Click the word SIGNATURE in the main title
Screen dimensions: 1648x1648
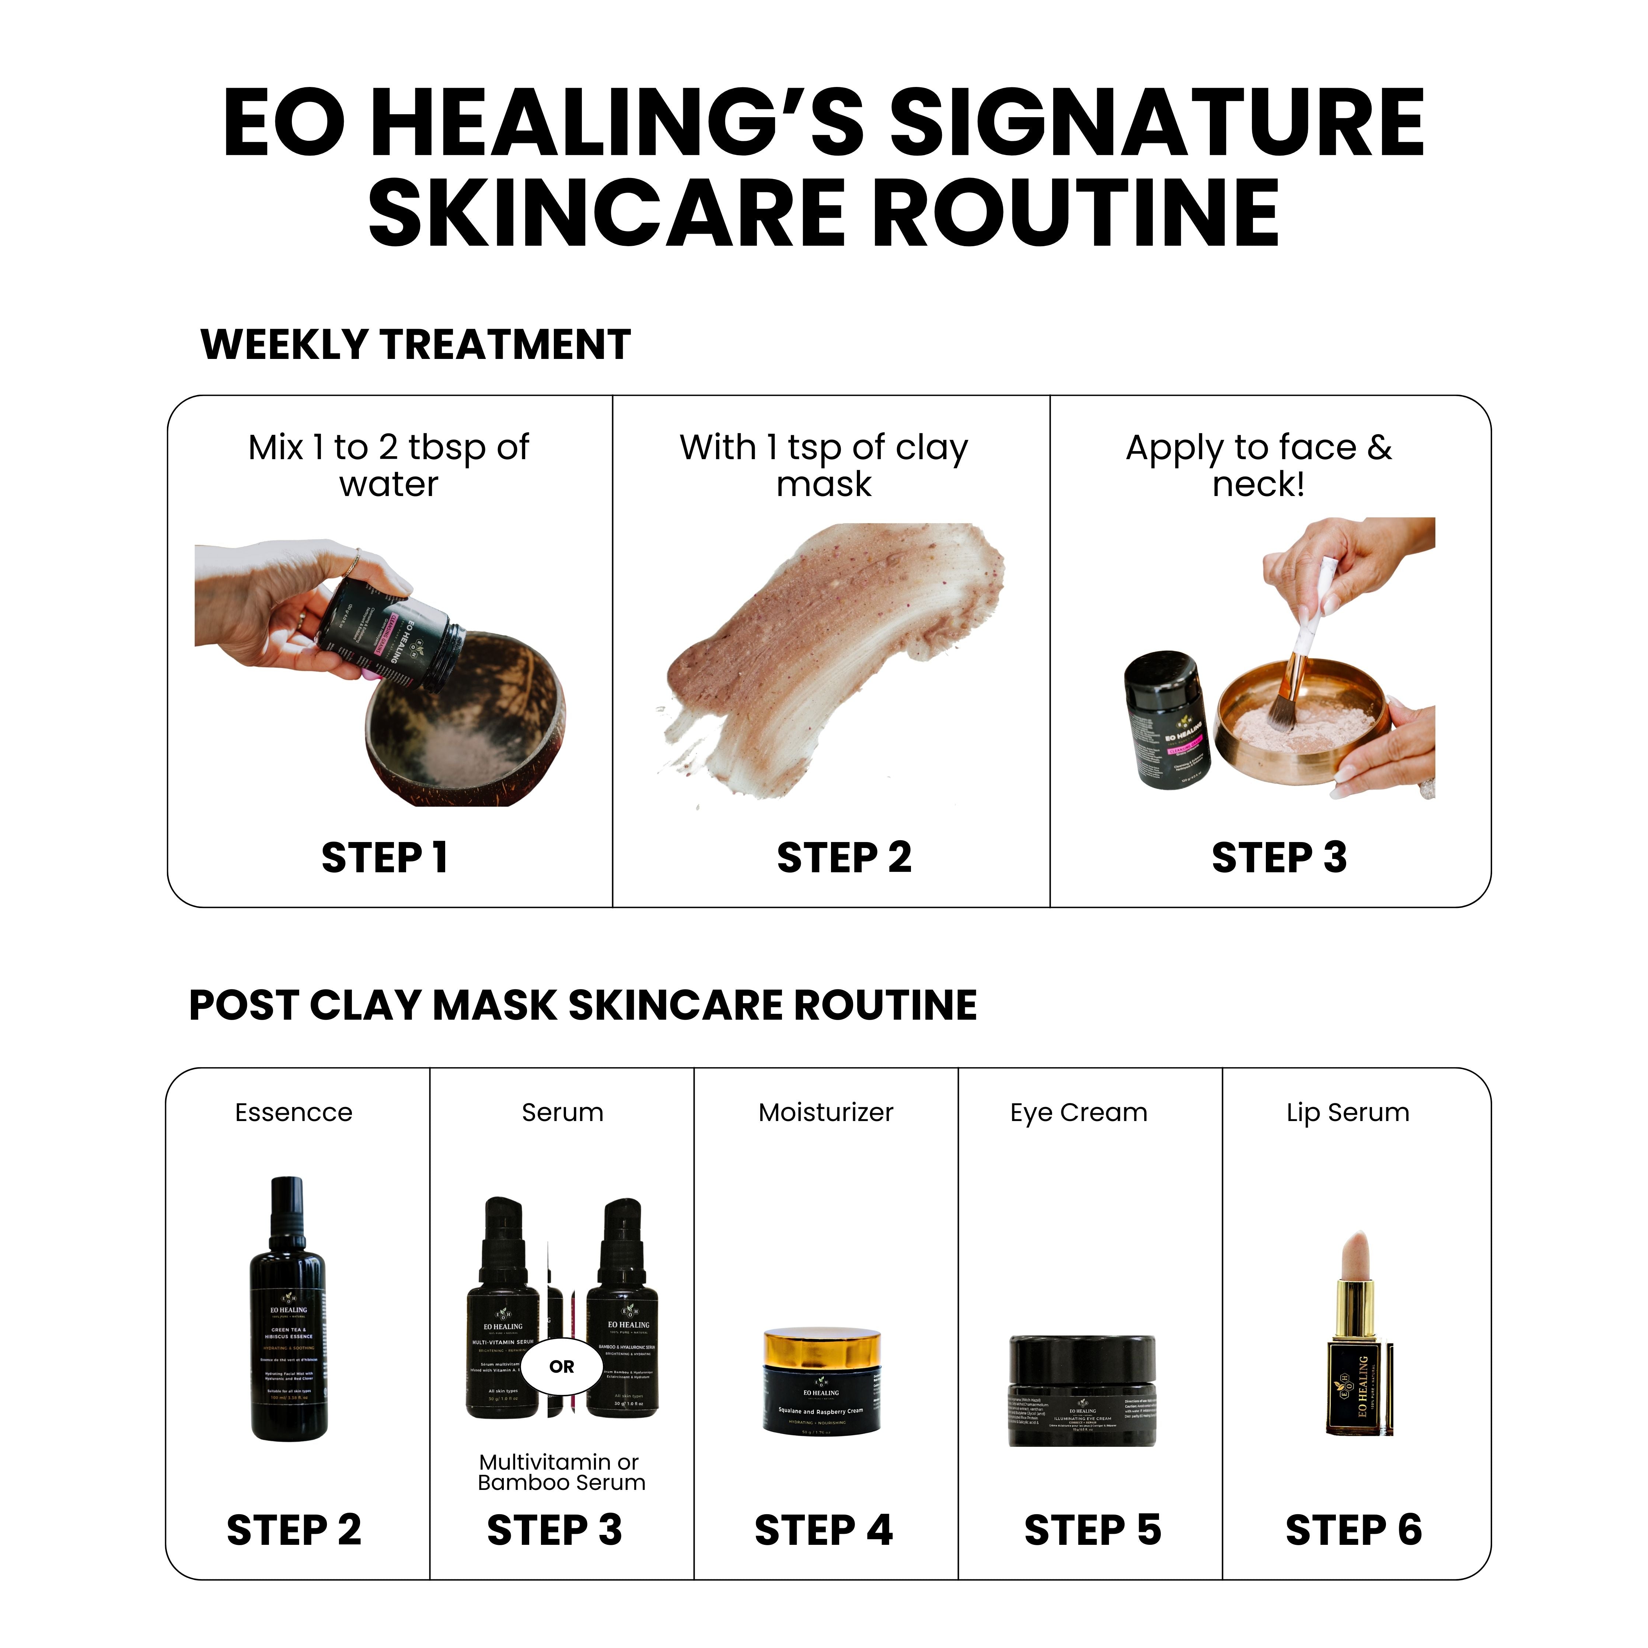[1156, 124]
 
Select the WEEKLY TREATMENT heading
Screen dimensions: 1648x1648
[415, 345]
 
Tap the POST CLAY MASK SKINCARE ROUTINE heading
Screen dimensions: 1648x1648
[583, 1005]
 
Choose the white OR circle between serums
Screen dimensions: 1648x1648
[561, 1366]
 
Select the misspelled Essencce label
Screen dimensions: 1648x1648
[293, 1112]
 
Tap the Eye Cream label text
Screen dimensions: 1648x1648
[1078, 1112]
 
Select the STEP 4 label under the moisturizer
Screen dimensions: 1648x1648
[823, 1530]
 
